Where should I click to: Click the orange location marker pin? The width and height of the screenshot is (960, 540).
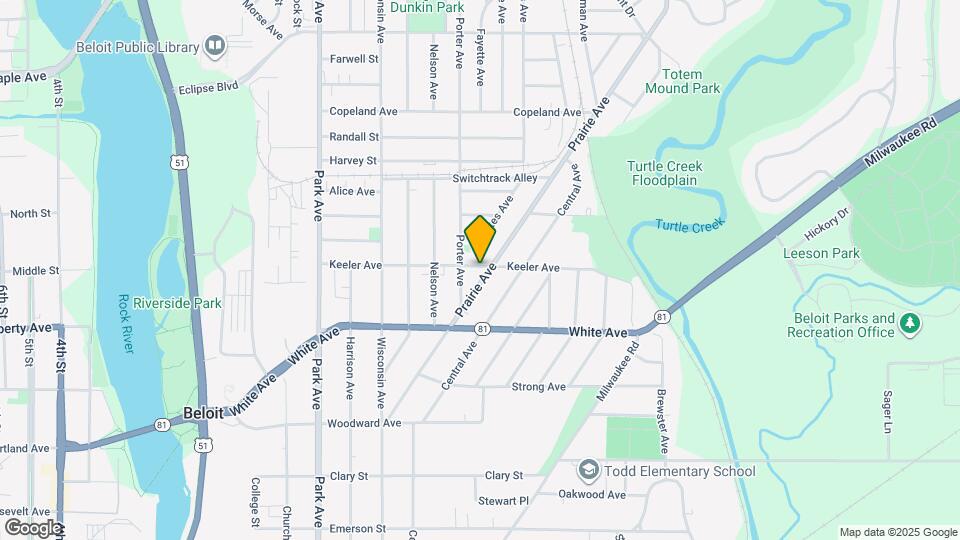(480, 238)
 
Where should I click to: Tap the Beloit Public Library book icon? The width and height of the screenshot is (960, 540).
(214, 45)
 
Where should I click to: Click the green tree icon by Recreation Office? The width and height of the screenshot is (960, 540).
(909, 323)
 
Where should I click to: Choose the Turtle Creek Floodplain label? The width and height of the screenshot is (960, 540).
(665, 173)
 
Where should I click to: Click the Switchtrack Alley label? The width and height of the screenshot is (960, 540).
(494, 178)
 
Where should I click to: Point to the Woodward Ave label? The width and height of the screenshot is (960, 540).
(364, 423)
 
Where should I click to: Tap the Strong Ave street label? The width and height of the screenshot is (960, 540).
(538, 387)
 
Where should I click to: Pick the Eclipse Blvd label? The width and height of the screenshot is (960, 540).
(209, 88)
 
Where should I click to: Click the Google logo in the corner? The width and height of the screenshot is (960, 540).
(33, 527)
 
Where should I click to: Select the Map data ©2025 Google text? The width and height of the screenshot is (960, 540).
(897, 532)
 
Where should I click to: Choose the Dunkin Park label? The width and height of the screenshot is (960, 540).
(427, 7)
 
